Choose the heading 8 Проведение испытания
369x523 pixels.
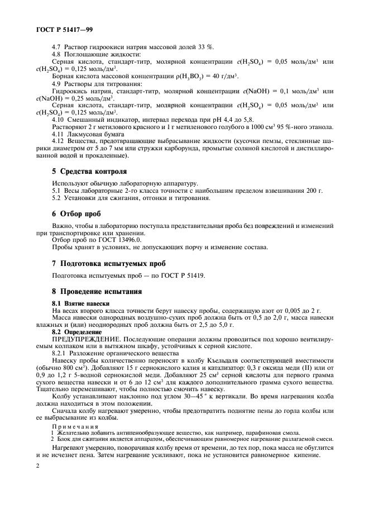[97, 291]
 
